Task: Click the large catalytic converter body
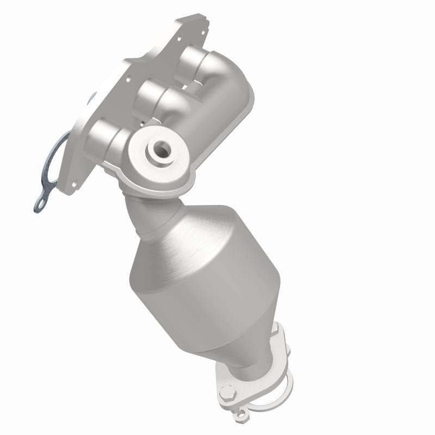212,272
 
